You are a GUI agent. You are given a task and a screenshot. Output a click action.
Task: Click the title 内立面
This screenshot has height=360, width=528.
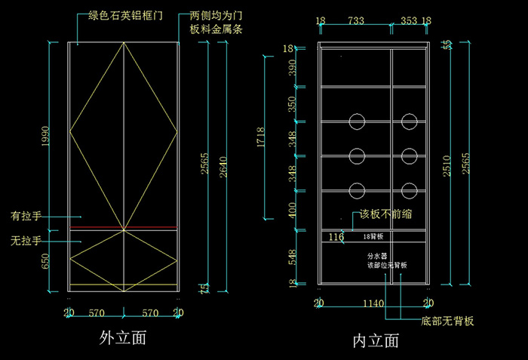pyautogui.click(x=376, y=340)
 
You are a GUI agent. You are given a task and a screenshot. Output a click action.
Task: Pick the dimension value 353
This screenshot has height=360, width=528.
pyautogui.click(x=408, y=20)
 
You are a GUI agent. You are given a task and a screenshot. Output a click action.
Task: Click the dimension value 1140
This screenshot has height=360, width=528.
pyautogui.click(x=374, y=303)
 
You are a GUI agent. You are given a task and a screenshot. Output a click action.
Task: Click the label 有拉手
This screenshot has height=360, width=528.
pyautogui.click(x=25, y=215)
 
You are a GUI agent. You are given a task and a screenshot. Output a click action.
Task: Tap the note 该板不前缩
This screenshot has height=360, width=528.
pyautogui.click(x=386, y=214)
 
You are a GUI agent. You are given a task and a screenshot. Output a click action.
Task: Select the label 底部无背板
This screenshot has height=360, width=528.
pyautogui.click(x=447, y=322)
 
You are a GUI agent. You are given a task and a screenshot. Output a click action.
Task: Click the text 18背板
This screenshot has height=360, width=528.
pyautogui.click(x=374, y=237)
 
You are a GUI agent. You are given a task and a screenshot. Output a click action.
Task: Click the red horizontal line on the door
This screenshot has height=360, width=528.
pyautogui.click(x=124, y=227)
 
